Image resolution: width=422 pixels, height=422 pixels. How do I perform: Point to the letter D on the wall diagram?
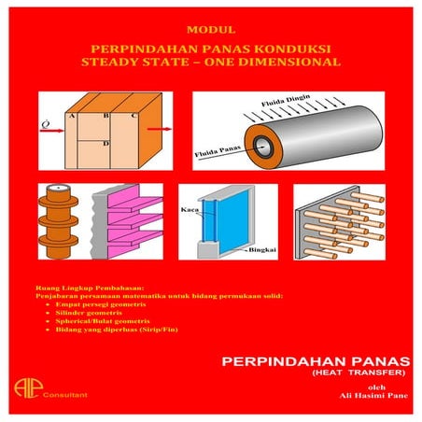click(107, 144)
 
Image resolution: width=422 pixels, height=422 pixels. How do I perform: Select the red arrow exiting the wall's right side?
click(161, 132)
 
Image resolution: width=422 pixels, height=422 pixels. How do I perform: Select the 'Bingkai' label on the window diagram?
click(260, 250)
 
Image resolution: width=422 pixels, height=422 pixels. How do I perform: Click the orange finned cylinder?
click(59, 224)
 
